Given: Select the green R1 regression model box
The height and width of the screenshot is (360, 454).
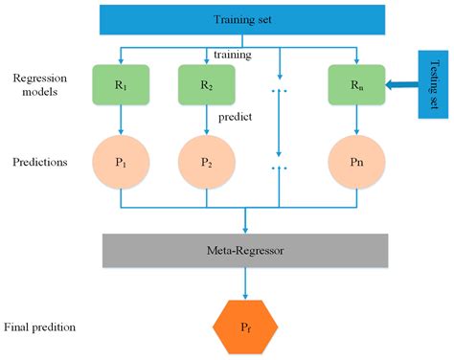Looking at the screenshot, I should tap(120, 84).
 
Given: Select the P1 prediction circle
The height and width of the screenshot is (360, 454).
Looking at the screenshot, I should tap(120, 162).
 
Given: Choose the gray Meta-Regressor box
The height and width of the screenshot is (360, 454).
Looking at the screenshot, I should tap(246, 250).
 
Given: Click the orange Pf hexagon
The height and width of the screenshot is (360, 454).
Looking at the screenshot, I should tap(246, 327).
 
